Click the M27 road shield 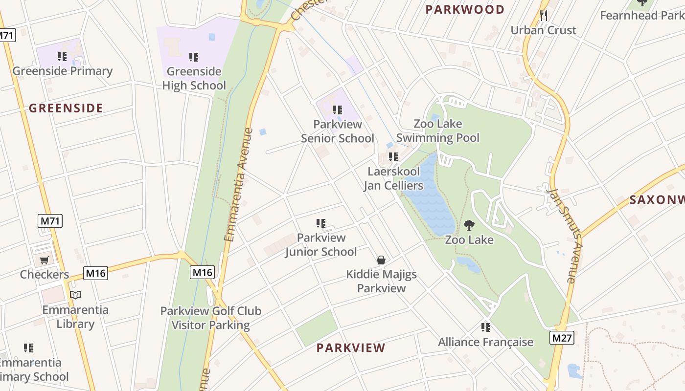562,338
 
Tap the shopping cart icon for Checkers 45,260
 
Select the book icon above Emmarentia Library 75,295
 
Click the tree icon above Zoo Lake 469,225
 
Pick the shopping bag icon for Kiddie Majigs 381,260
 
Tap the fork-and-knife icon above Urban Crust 544,16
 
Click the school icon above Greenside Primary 62,57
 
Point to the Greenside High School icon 194,57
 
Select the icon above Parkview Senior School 337,110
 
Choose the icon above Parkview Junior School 321,223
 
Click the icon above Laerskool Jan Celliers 393,157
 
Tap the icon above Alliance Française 485,327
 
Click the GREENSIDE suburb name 66,109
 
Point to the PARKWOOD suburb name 465,10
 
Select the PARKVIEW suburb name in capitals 351,348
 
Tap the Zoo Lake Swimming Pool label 437,130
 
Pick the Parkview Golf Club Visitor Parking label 211,318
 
